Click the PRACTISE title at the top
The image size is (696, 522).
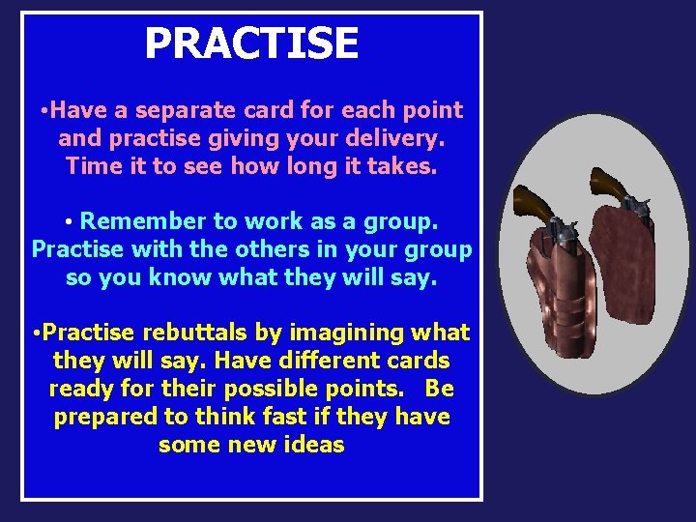click(251, 43)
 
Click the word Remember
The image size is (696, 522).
click(142, 222)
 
